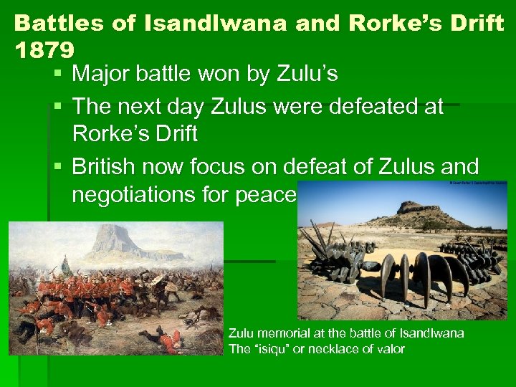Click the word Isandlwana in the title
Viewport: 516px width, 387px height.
pos(214,24)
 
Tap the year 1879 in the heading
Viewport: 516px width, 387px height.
pos(43,50)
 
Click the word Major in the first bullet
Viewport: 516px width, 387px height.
pos(100,74)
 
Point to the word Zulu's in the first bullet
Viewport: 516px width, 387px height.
pos(307,74)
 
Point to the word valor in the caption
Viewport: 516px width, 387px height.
pos(391,349)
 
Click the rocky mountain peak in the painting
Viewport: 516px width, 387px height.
pos(112,240)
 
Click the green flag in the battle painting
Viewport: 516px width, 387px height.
pos(64,264)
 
